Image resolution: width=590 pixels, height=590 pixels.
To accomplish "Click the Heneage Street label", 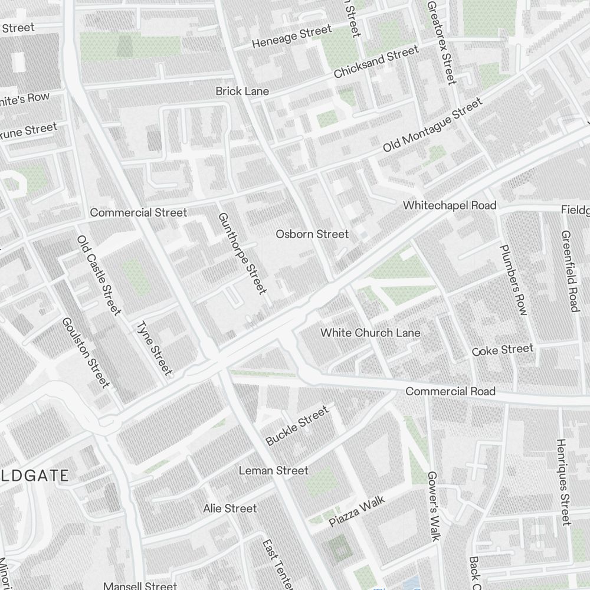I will tap(291, 37).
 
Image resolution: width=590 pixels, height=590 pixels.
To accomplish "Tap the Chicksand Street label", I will tap(376, 63).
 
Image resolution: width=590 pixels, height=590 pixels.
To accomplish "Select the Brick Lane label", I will tap(242, 91).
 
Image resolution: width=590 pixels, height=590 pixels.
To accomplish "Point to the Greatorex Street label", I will tap(441, 41).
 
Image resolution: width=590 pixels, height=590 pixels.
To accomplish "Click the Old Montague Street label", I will tap(432, 125).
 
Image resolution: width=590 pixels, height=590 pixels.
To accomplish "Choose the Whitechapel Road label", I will tap(450, 205).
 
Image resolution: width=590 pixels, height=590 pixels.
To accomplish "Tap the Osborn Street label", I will tap(312, 234).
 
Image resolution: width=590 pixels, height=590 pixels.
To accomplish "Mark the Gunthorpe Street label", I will tap(242, 253).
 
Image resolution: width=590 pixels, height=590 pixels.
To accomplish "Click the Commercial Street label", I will tap(138, 212).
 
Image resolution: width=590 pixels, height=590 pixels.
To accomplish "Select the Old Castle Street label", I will tap(99, 275).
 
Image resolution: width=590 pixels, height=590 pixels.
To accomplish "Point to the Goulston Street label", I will tap(86, 353).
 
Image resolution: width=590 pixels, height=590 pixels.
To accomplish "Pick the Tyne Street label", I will tap(154, 348).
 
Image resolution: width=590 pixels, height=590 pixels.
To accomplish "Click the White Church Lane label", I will tap(371, 333).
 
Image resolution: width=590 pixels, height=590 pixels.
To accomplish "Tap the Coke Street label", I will tap(503, 350).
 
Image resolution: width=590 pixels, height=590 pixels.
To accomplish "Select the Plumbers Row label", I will tap(513, 280).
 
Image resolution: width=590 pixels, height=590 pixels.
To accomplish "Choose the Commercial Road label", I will tap(451, 392).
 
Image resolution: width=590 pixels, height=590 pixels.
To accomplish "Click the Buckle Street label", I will tap(296, 426).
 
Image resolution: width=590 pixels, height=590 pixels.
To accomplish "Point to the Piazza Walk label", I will tap(357, 511).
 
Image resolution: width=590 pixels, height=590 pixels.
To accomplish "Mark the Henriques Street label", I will tap(563, 481).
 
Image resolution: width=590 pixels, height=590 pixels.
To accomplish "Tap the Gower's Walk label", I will tap(434, 506).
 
